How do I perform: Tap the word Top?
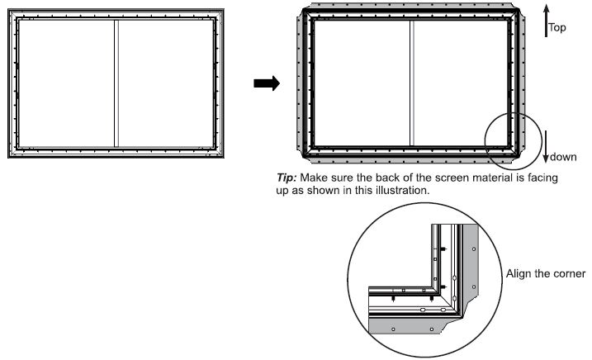coord(559,27)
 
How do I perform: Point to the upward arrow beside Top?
coord(546,20)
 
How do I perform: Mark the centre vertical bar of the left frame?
coord(116,83)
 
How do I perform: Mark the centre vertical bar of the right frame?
coord(411,83)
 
